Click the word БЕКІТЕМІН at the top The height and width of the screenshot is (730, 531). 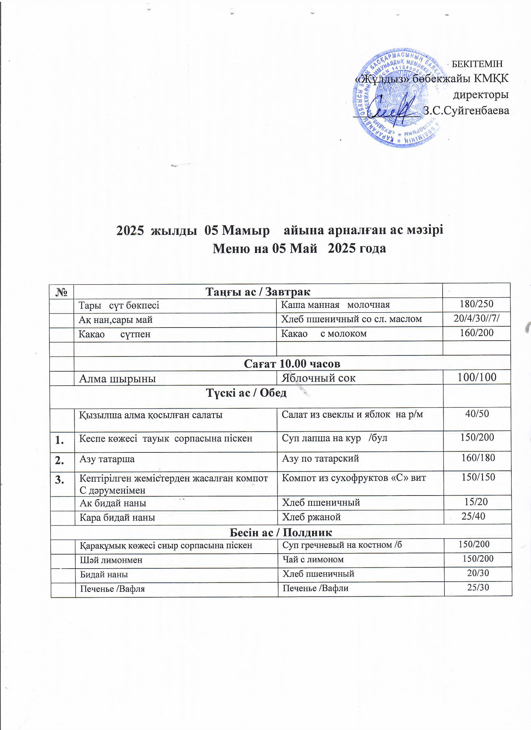477,64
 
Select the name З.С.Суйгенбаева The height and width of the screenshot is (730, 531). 466,111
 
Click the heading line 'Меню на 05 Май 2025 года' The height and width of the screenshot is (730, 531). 299,249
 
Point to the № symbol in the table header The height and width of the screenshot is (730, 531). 62,292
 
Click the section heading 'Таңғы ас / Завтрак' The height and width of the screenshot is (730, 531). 258,292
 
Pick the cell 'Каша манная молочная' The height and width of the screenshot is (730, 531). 335,304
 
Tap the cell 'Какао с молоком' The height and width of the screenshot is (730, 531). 324,333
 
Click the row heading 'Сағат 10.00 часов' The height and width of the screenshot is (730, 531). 292,363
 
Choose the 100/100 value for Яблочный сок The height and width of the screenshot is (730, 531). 477,377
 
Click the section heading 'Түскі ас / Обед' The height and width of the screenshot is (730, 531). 246,393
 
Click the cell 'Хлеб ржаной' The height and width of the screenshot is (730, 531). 311,517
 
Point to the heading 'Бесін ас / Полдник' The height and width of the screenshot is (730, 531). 280,532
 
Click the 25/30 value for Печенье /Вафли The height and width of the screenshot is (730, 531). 478,587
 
